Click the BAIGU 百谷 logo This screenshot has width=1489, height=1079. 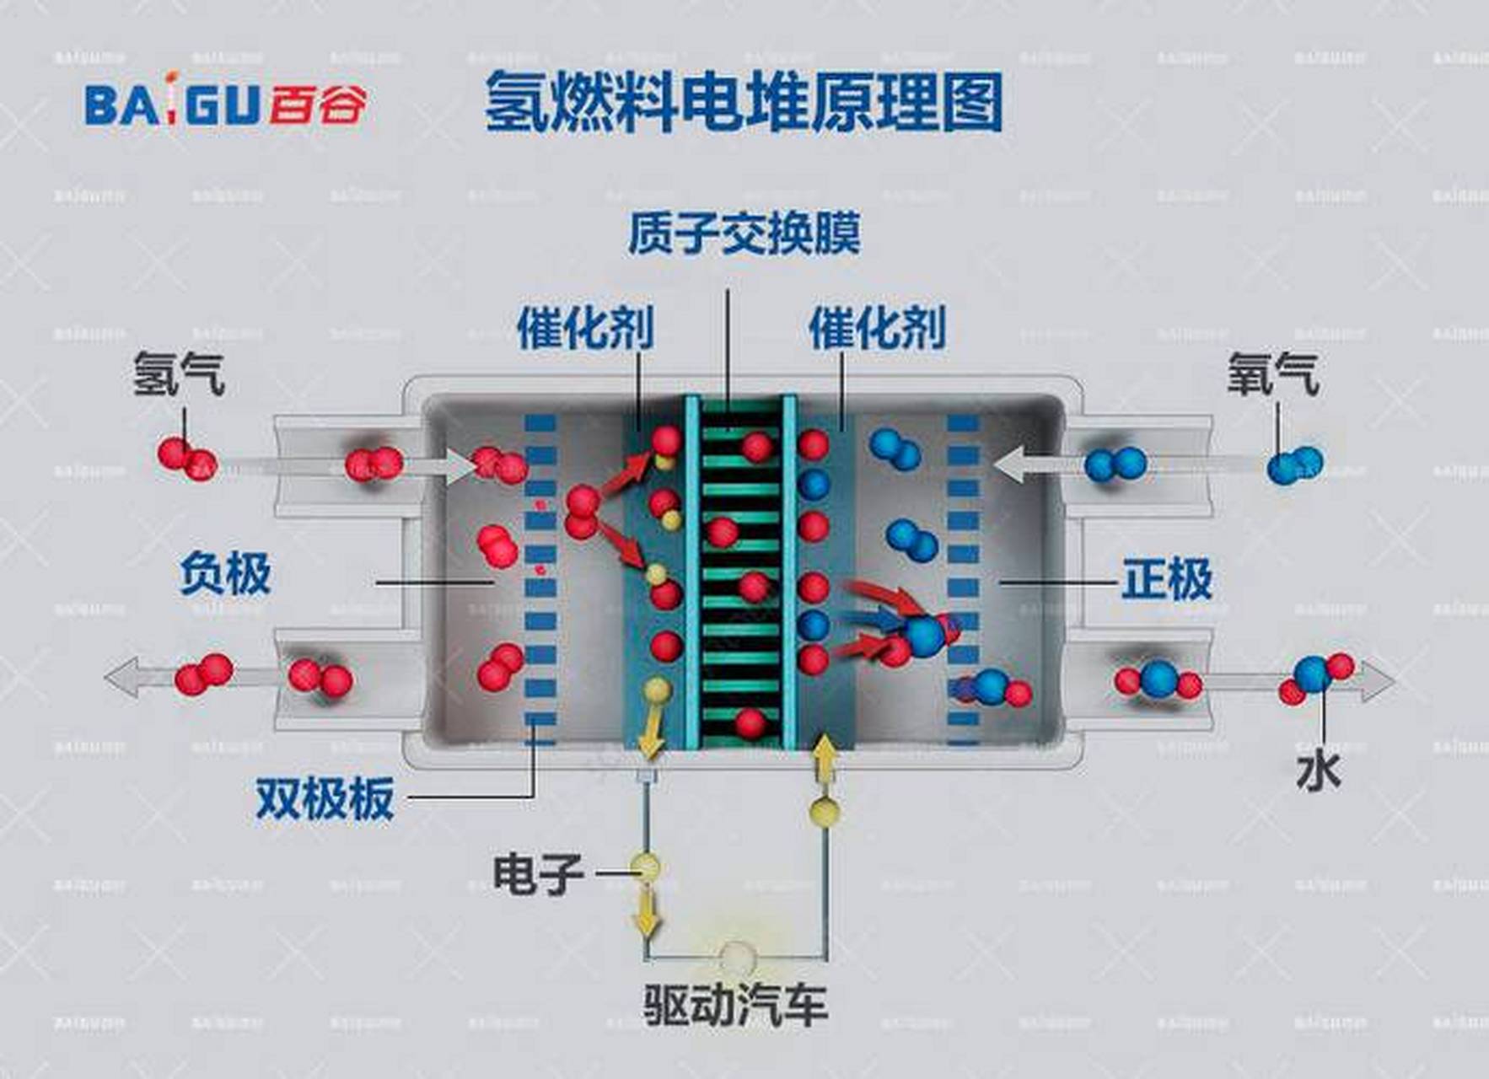(x=226, y=105)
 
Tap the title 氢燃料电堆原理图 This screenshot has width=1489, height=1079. (x=743, y=103)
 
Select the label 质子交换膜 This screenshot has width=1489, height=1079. (x=744, y=234)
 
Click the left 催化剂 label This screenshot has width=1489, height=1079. (x=585, y=328)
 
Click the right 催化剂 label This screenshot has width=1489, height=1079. (x=877, y=328)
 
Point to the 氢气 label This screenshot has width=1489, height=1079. (x=179, y=373)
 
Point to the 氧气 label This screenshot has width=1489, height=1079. (x=1272, y=373)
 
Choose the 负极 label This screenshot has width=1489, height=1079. (x=225, y=575)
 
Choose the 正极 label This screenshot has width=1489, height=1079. (x=1167, y=579)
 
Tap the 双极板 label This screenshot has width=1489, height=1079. (x=325, y=797)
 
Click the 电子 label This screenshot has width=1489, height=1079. (x=538, y=873)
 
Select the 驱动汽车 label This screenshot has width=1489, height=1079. (x=735, y=1004)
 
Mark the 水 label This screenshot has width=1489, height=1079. (x=1318, y=771)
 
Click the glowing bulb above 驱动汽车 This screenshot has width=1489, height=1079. (x=736, y=957)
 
